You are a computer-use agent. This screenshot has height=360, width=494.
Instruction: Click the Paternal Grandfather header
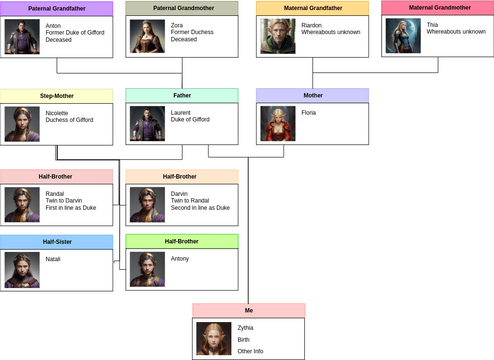(x=56, y=8)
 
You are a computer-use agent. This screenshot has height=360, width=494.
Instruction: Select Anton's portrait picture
(x=22, y=36)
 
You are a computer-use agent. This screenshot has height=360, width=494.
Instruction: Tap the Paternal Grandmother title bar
(x=182, y=8)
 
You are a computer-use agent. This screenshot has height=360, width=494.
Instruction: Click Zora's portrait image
(x=148, y=36)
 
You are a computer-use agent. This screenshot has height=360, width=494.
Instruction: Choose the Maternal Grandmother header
(x=438, y=8)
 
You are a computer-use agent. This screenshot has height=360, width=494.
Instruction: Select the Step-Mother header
(x=56, y=95)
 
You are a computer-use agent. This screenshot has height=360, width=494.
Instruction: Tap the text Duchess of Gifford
(x=69, y=120)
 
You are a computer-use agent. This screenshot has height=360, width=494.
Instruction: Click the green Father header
(x=182, y=95)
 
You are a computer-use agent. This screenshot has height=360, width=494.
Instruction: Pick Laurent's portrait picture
(x=148, y=123)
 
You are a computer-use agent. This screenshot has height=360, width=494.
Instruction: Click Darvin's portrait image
(x=148, y=204)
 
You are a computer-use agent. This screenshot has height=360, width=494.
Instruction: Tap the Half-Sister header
(x=56, y=242)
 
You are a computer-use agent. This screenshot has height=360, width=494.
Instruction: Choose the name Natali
(x=54, y=259)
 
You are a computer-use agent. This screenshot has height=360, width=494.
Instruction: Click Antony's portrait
(x=148, y=269)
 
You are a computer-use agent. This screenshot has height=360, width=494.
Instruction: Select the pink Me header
(x=248, y=311)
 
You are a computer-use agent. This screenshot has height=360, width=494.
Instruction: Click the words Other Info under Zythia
(x=250, y=351)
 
